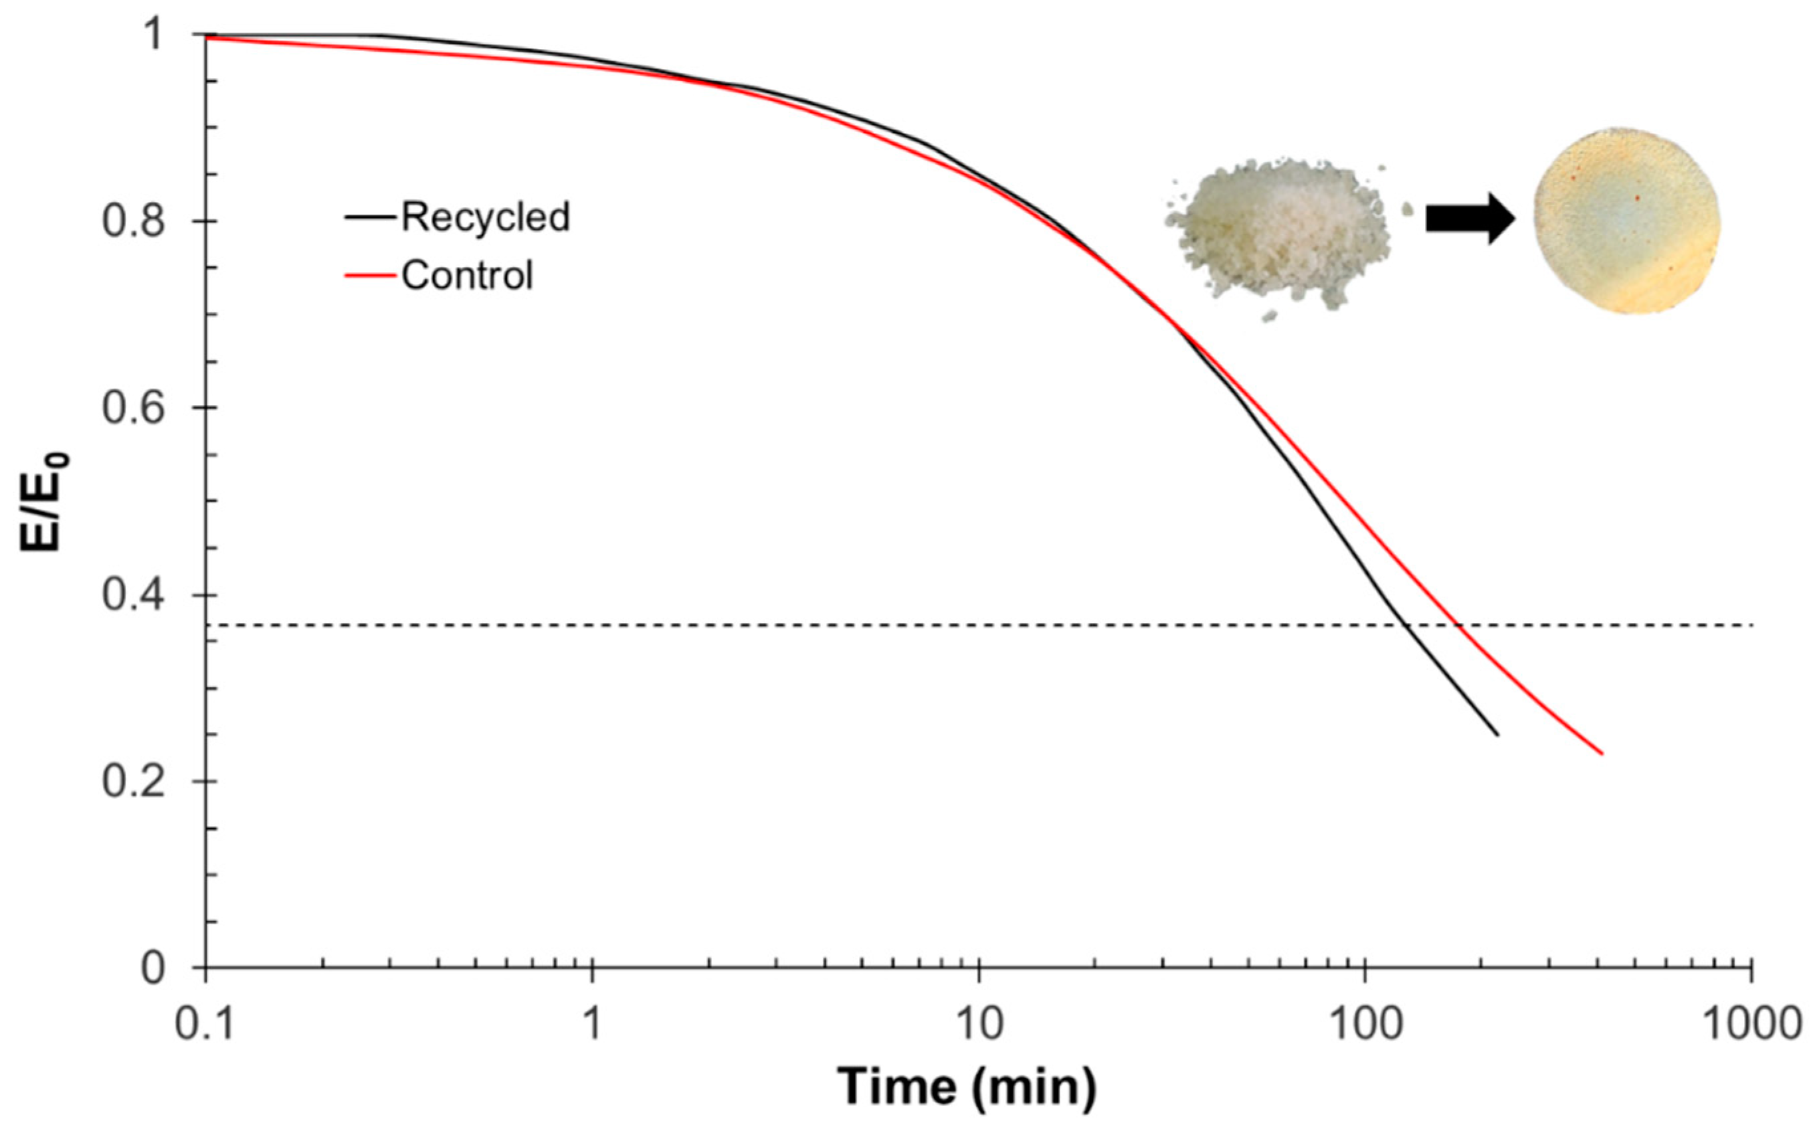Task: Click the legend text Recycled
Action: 485,217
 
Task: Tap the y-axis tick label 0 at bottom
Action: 153,968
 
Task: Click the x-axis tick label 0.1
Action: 205,1024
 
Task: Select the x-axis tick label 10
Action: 979,1024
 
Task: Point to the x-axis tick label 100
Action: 1365,1024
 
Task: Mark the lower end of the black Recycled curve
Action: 1497,735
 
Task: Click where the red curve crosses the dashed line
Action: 1458,626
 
